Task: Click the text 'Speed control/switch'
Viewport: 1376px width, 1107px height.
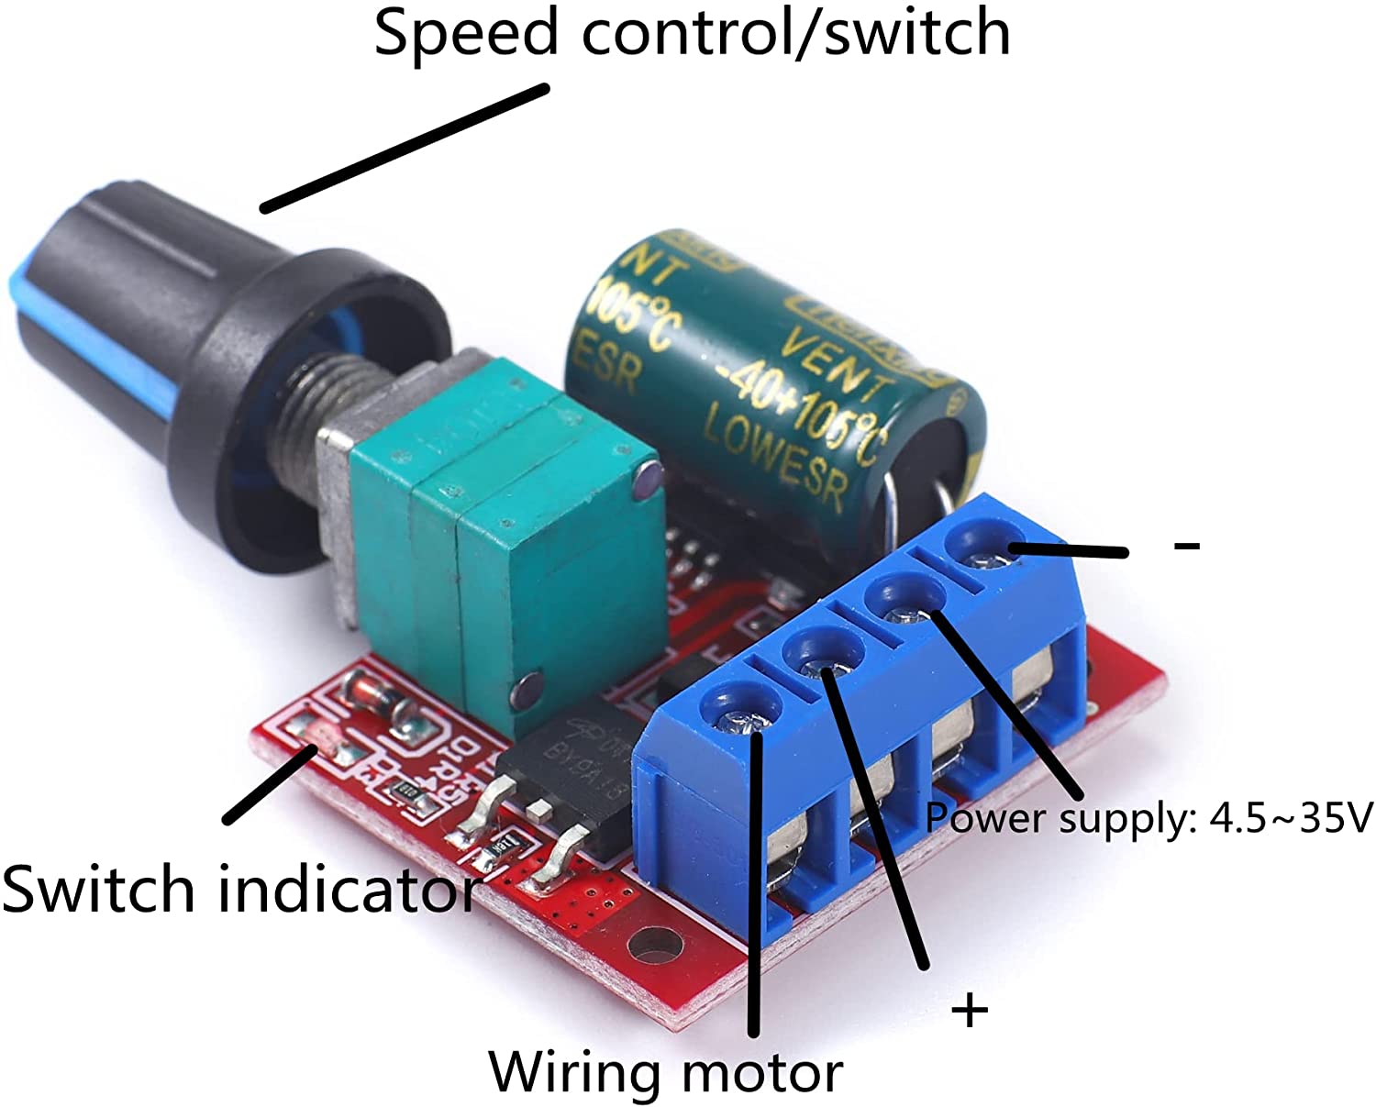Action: pos(692,33)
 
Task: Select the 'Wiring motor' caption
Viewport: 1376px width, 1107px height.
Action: pos(666,1071)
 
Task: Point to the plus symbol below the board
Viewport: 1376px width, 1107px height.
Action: pos(970,1011)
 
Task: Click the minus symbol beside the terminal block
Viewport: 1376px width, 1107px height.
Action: pos(1186,546)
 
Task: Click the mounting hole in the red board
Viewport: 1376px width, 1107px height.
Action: pos(655,946)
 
